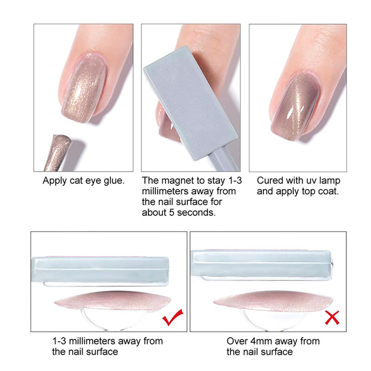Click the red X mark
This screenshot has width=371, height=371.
332,318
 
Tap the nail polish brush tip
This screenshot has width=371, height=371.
58,153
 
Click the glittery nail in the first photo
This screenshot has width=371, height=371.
84,88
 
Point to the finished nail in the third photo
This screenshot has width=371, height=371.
296,107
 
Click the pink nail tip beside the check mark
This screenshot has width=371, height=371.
113,301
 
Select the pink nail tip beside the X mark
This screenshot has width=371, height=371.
273,301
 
